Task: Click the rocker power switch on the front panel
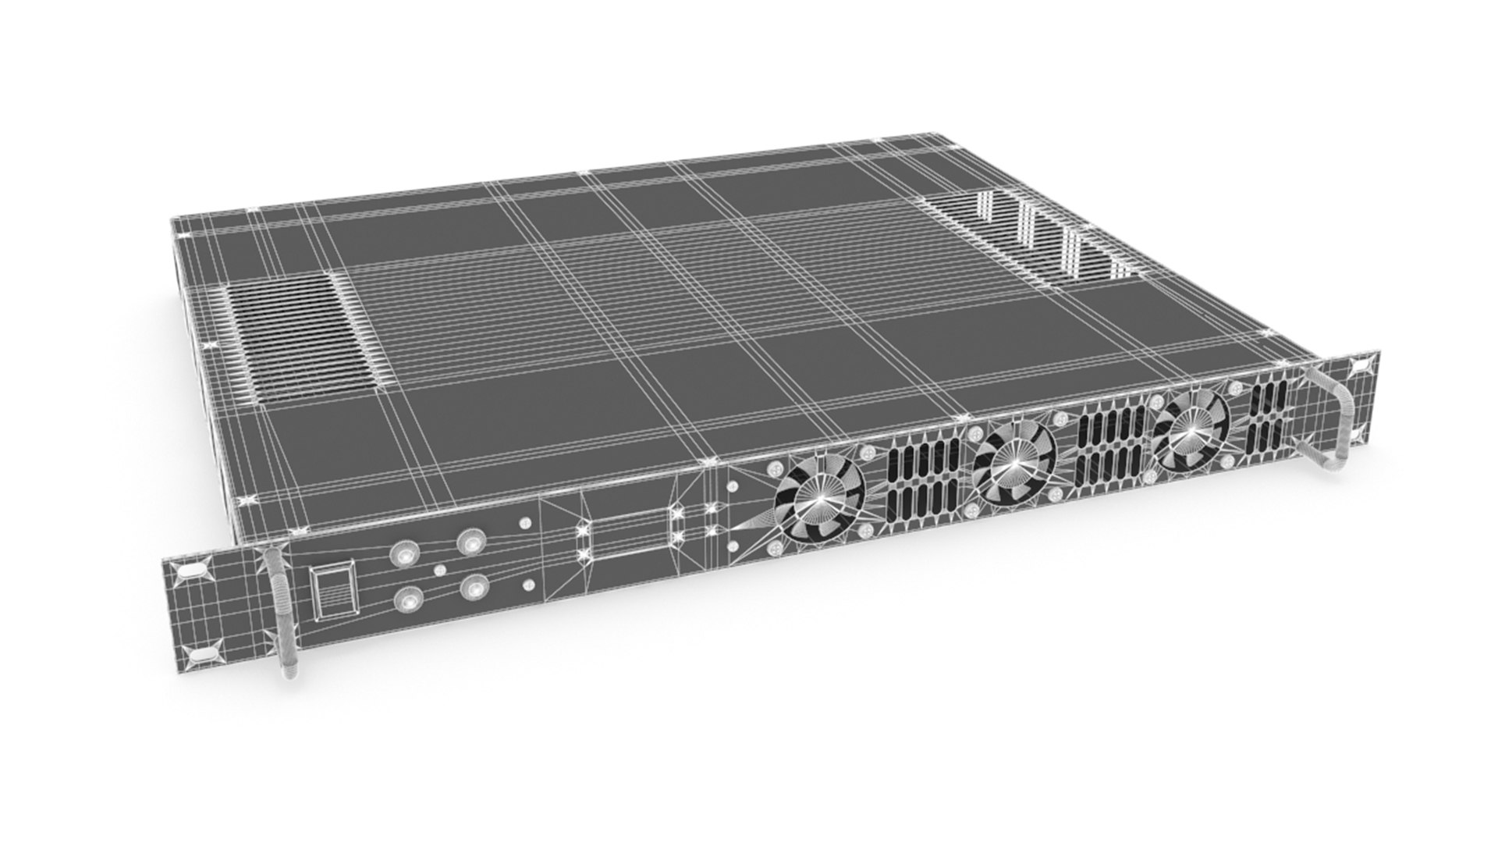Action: point(332,593)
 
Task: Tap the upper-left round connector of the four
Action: point(405,553)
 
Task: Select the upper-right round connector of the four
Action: point(471,541)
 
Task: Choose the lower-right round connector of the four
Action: point(473,586)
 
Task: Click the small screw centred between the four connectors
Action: point(439,570)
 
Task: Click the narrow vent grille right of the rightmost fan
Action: point(1268,418)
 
